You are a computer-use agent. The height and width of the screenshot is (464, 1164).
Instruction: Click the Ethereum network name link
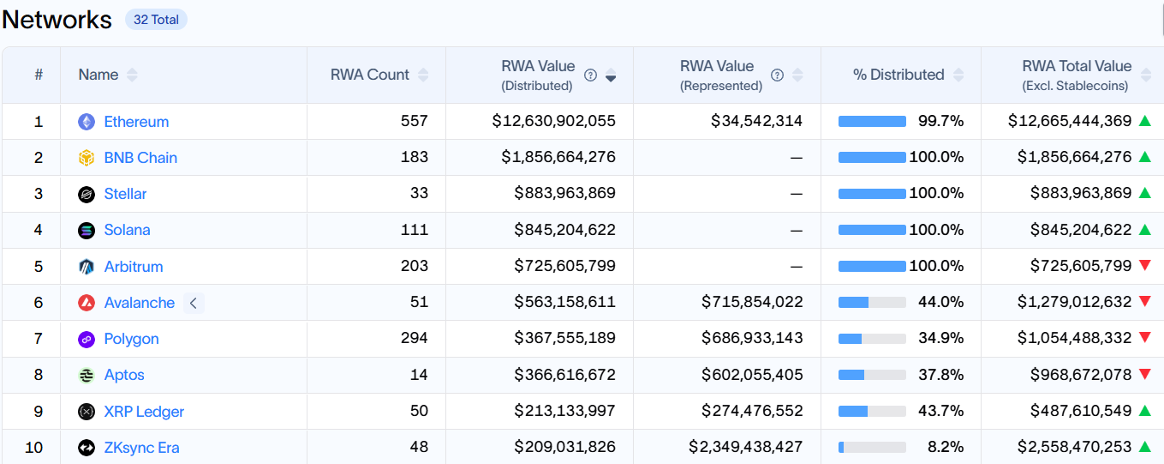pyautogui.click(x=136, y=122)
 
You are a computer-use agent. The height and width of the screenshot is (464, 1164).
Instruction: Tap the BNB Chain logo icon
pyautogui.click(x=87, y=158)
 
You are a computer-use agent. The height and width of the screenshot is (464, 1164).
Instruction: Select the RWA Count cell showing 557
pyautogui.click(x=414, y=121)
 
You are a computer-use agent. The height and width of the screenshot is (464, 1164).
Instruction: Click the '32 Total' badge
pyautogui.click(x=156, y=20)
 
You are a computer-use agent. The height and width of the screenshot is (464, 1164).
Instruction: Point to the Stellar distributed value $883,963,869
pyautogui.click(x=564, y=193)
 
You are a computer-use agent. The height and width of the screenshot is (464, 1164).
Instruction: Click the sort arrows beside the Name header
pyautogui.click(x=132, y=75)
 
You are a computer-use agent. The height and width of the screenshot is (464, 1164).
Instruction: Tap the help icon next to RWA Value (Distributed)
pyautogui.click(x=590, y=75)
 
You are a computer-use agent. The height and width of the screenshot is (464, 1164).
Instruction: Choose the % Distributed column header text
pyautogui.click(x=898, y=75)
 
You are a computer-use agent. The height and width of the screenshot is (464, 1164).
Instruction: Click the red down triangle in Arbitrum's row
pyautogui.click(x=1145, y=265)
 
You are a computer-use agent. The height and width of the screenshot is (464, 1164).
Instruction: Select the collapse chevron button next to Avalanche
pyautogui.click(x=194, y=303)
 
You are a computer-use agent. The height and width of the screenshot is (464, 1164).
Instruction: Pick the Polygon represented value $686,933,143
pyautogui.click(x=752, y=338)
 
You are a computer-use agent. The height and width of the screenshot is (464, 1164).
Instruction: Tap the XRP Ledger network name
pyautogui.click(x=144, y=412)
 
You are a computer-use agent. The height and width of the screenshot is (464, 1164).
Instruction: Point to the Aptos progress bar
pyautogui.click(x=872, y=375)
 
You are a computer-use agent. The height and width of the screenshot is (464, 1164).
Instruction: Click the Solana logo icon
pyautogui.click(x=87, y=230)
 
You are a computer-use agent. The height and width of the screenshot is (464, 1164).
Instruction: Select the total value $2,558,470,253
pyautogui.click(x=1074, y=447)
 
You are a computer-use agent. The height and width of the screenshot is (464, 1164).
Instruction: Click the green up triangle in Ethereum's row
pyautogui.click(x=1145, y=121)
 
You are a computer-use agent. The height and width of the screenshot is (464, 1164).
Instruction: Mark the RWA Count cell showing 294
pyautogui.click(x=414, y=338)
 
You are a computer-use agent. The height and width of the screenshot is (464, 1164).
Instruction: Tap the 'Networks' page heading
pyautogui.click(x=57, y=20)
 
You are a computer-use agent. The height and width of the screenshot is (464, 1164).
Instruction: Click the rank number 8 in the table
pyautogui.click(x=39, y=375)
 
